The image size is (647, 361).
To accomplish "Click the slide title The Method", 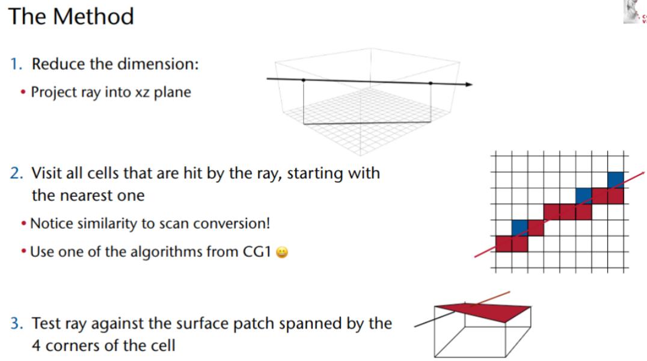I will [71, 16].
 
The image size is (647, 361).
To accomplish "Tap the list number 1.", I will [16, 64].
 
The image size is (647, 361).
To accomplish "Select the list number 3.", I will [16, 324].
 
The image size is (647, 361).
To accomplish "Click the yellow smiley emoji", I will [281, 253].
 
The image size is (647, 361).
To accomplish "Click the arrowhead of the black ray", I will [468, 84].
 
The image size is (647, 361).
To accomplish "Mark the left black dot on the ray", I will [303, 79].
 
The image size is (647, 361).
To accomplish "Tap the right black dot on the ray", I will [431, 82].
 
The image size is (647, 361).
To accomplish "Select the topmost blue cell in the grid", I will [615, 179].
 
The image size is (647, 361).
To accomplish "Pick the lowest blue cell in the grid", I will [520, 228].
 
